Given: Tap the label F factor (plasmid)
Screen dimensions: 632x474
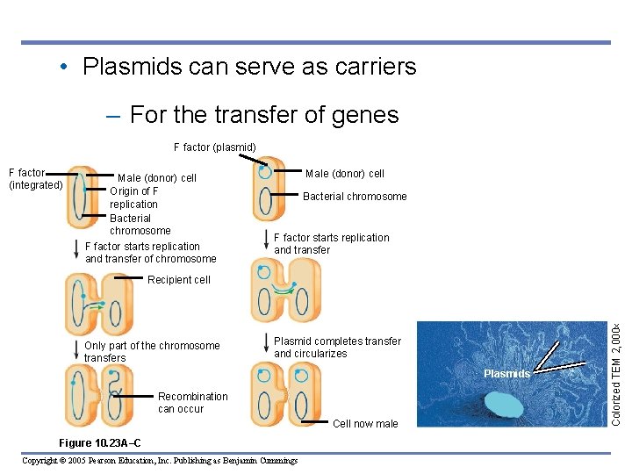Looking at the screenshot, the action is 214,147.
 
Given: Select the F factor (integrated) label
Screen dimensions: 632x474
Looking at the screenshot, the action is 35,179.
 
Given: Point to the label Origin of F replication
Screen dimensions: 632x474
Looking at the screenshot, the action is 133,197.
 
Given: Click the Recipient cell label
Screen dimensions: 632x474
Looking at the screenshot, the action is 179,280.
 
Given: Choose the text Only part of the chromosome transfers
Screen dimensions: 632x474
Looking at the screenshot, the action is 152,351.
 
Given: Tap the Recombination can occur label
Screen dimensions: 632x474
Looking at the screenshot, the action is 192,403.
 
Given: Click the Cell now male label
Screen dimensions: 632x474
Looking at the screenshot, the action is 366,424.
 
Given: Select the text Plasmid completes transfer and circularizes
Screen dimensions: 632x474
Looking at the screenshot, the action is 337,348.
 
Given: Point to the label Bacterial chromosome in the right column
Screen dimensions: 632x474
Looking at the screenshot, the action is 355,197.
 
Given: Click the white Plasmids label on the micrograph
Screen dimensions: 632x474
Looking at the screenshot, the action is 507,374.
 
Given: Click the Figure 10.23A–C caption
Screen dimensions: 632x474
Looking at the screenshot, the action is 97,442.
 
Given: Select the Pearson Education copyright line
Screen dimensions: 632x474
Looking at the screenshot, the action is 159,461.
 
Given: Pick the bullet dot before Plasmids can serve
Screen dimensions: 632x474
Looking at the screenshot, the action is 65,68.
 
